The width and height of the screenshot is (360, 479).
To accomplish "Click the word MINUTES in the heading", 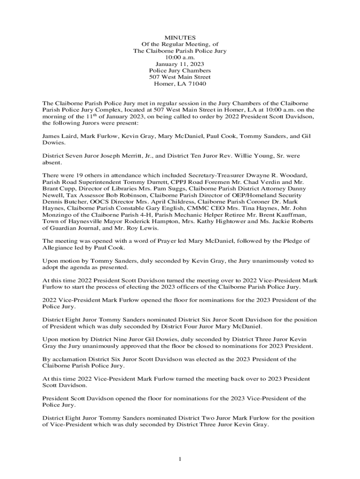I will pos(180,37).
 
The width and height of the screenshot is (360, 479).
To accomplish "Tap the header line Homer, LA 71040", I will pos(180,84).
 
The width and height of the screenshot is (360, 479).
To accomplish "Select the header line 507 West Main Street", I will pos(180,77).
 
